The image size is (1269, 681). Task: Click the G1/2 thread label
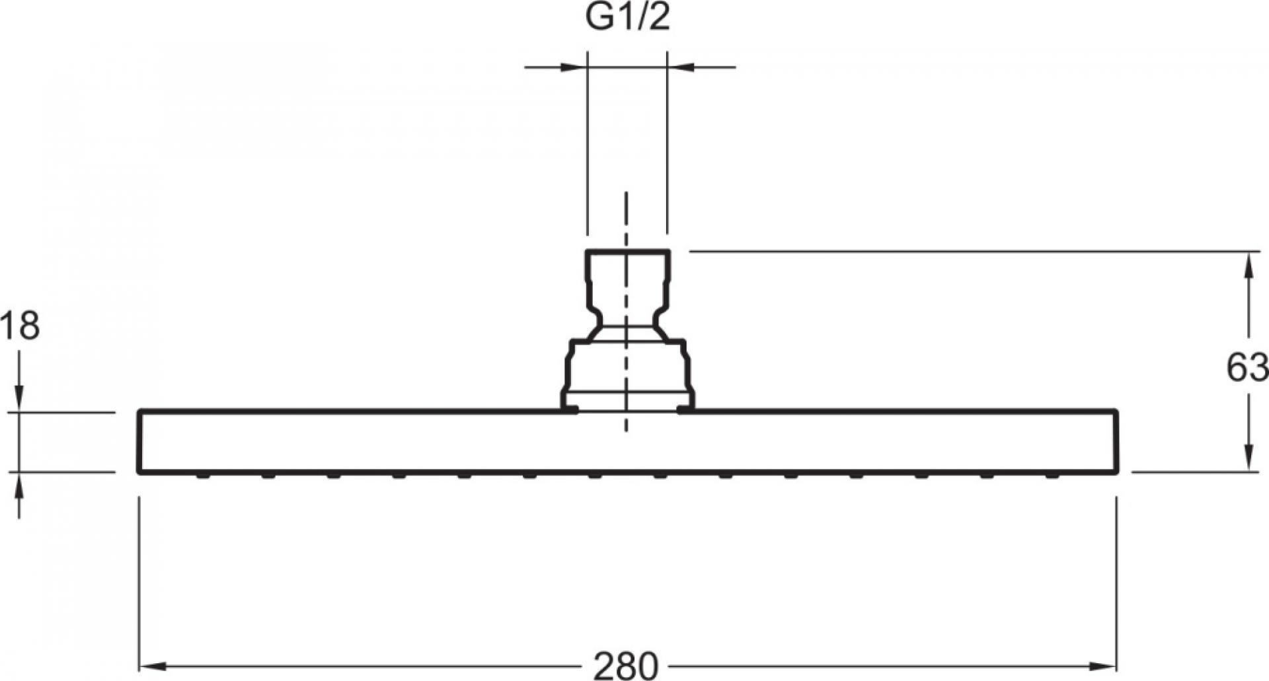[628, 18]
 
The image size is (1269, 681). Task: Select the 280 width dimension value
[625, 666]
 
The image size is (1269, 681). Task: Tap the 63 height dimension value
[1247, 368]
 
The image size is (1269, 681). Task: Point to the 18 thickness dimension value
[20, 326]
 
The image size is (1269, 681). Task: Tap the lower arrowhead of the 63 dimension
[1249, 459]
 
